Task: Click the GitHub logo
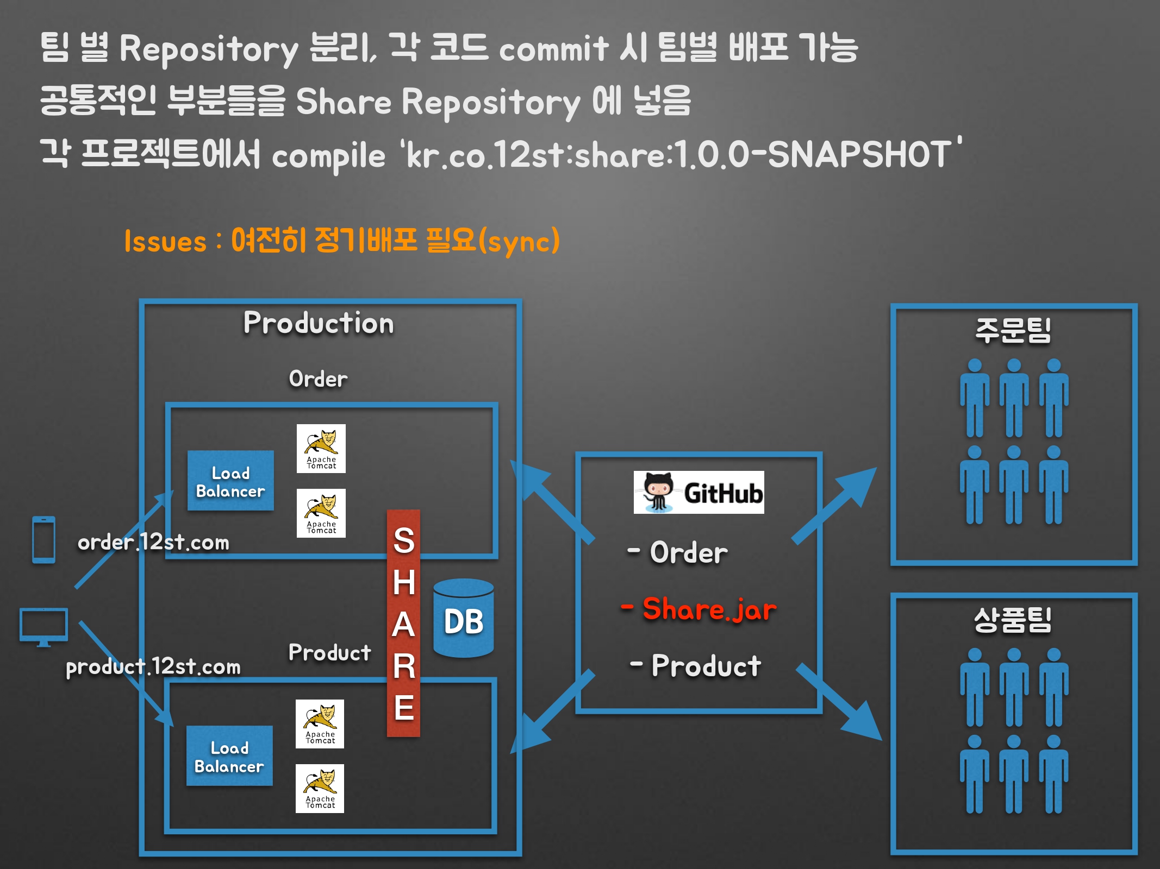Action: pos(699,492)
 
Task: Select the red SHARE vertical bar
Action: pos(403,623)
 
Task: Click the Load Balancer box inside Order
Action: pos(230,481)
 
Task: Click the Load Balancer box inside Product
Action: pos(229,756)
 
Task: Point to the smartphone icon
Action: pos(43,540)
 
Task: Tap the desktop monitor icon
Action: pos(43,627)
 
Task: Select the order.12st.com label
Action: pos(153,542)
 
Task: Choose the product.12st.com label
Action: pos(153,666)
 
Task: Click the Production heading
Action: pos(319,323)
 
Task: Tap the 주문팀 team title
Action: pos(1013,331)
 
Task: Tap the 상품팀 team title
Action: pos(1013,620)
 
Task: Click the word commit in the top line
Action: pos(553,49)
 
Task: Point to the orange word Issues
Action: pos(165,241)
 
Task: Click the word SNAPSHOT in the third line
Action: pos(859,154)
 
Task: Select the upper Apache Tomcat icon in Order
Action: pos(321,448)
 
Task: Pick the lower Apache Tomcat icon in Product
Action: pos(320,788)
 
